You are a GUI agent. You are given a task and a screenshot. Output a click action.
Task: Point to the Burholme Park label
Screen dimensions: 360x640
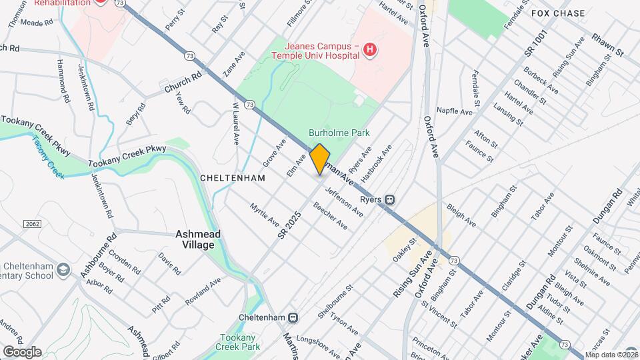pos(339,133)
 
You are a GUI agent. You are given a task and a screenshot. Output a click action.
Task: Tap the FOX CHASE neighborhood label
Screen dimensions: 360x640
pos(558,13)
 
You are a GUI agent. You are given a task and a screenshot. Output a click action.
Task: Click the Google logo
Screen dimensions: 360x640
pos(21,351)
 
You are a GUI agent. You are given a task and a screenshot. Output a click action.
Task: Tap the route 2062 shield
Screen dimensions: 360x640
pos(31,223)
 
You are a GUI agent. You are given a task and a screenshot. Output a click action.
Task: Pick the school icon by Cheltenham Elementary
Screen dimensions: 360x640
pos(63,269)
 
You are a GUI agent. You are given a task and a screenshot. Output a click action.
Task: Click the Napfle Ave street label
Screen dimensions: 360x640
pos(455,111)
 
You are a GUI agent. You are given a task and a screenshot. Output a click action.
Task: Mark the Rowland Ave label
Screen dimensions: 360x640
pos(203,292)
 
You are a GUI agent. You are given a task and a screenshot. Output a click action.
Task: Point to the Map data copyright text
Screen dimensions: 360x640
pos(611,355)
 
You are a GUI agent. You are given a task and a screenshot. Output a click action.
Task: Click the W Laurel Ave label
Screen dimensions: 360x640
pos(235,124)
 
